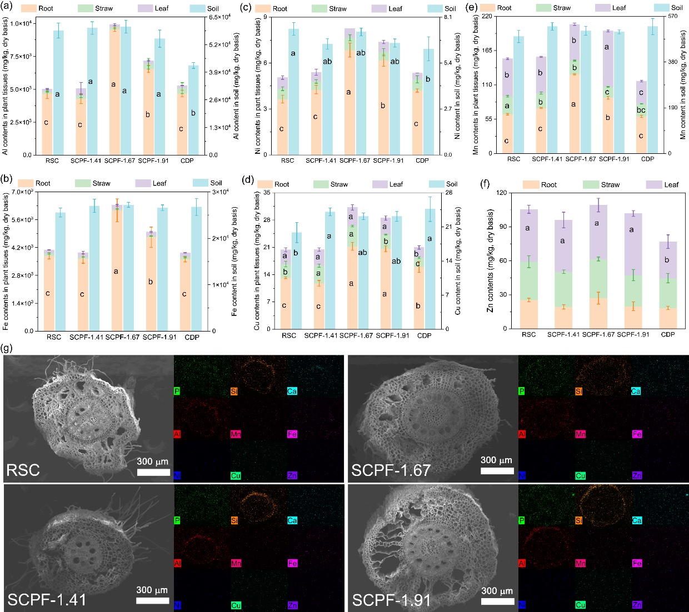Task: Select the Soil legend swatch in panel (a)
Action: pyautogui.click(x=197, y=8)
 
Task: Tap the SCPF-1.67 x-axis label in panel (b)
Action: pyautogui.click(x=122, y=337)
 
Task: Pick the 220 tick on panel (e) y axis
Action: pyautogui.click(x=484, y=16)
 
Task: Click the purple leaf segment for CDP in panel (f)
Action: pyautogui.click(x=668, y=260)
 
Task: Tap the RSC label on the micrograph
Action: pyautogui.click(x=23, y=470)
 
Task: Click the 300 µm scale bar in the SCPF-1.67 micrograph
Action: pyautogui.click(x=496, y=471)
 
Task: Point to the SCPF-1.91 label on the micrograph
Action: pyautogui.click(x=391, y=600)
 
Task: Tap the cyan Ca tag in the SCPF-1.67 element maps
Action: pyautogui.click(x=636, y=392)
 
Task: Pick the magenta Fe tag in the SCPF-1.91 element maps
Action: pyautogui.click(x=637, y=563)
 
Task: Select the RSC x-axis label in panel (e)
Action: pyautogui.click(x=513, y=159)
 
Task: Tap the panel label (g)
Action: pyautogui.click(x=7, y=349)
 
